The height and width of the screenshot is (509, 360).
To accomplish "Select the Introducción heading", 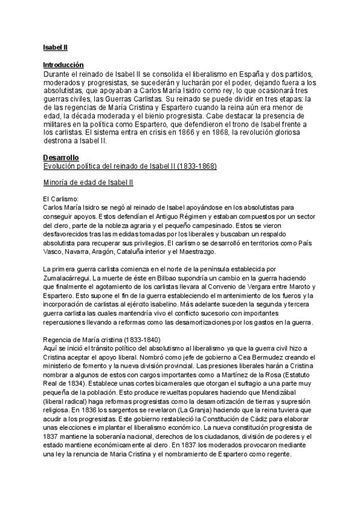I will coord(63,64).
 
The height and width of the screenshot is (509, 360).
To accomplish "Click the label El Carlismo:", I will coord(61,197).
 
